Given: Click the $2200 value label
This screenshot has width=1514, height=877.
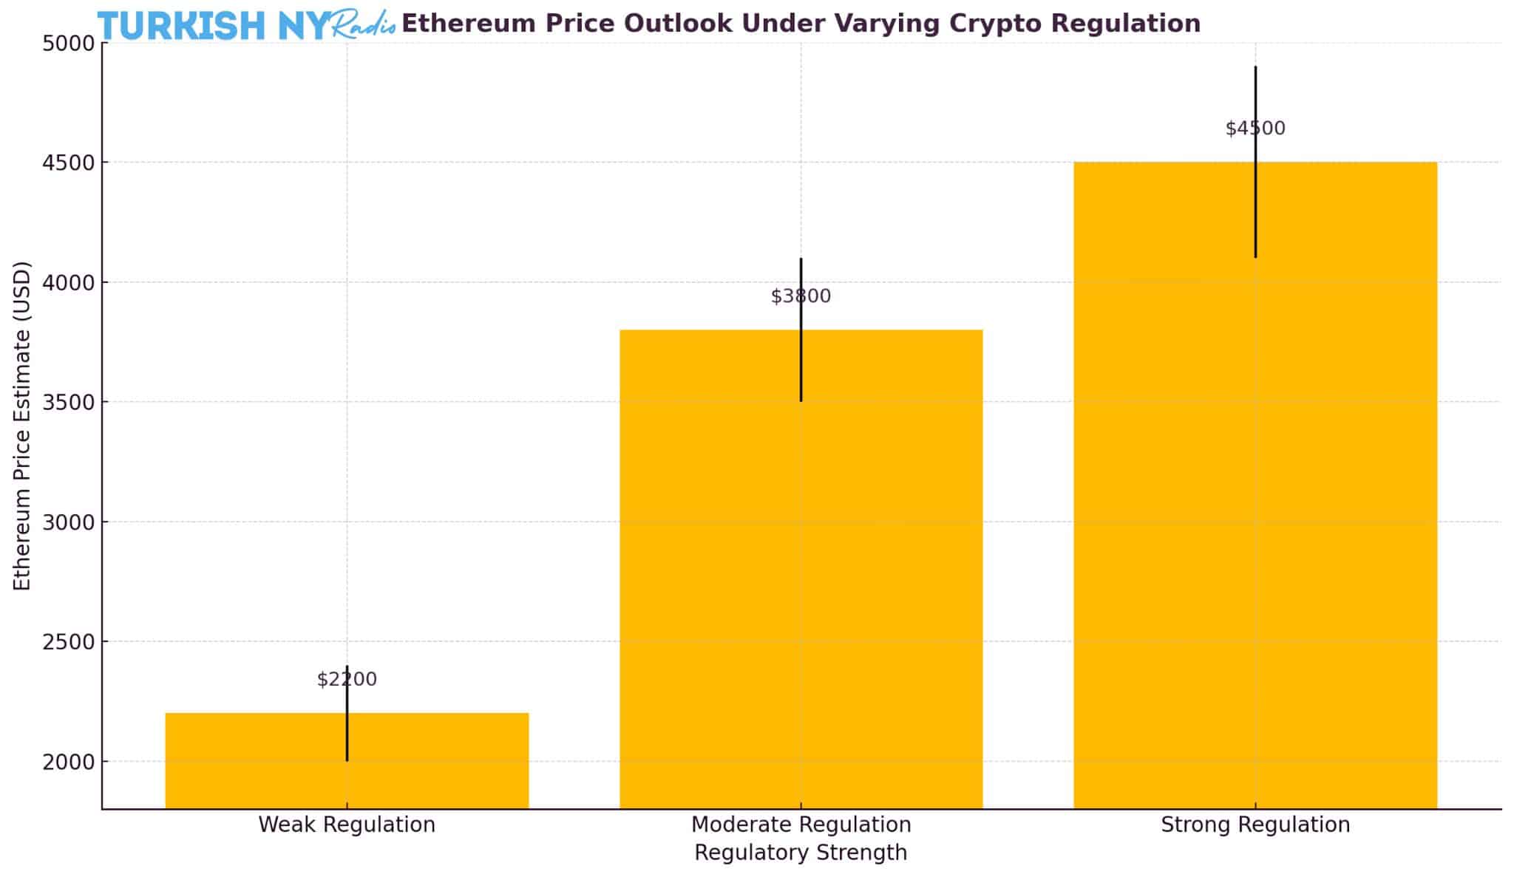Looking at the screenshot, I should click(x=347, y=679).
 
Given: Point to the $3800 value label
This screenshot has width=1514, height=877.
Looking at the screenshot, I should click(x=801, y=296).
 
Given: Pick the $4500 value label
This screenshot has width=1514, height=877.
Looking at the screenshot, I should click(x=1255, y=129).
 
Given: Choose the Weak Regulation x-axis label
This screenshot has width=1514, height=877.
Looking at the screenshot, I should click(x=347, y=825).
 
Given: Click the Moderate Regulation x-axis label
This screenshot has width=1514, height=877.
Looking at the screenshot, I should click(x=801, y=825).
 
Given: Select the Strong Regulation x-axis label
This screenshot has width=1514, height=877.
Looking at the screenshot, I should click(x=1255, y=825).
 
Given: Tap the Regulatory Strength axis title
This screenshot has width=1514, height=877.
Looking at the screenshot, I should click(x=801, y=853).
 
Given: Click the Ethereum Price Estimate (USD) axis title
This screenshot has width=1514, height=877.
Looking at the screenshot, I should click(x=23, y=426).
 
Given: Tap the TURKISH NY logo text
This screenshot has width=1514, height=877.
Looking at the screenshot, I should click(x=214, y=26).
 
